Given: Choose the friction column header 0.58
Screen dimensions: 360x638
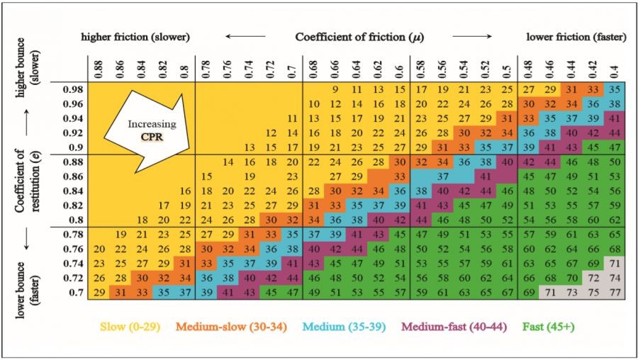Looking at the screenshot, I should click(x=420, y=67).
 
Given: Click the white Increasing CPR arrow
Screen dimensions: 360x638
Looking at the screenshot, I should click(x=152, y=128).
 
